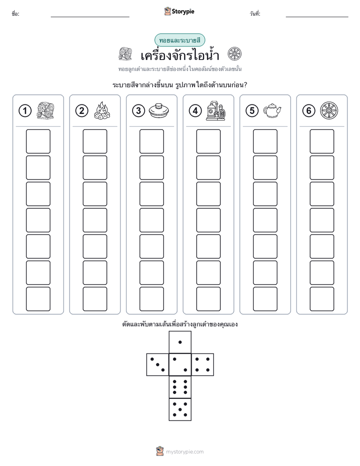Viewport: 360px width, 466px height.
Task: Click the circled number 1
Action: tap(25, 111)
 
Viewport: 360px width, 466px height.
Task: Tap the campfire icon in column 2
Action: tap(102, 111)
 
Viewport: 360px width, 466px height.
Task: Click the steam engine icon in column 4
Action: tap(216, 110)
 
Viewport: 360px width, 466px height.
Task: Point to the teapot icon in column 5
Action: tap(272, 111)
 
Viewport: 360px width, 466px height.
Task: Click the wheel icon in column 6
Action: tap(329, 110)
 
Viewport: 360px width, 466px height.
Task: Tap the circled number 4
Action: tap(195, 111)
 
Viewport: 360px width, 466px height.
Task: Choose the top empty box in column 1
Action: tap(38, 141)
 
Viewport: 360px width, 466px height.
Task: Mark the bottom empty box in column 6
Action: tap(322, 299)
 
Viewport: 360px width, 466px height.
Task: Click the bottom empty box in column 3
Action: tap(151, 299)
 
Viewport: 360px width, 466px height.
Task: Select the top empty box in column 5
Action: tap(265, 141)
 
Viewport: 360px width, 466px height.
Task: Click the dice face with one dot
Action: tap(180, 342)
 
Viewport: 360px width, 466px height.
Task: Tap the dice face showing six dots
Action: tap(180, 387)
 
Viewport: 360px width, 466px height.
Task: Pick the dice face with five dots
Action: tap(180, 409)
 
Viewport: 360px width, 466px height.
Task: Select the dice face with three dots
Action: tap(158, 364)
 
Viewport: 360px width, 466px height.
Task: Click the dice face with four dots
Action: tap(203, 364)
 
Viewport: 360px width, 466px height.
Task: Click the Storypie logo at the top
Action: tap(179, 12)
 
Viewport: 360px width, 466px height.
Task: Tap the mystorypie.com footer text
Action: tap(185, 452)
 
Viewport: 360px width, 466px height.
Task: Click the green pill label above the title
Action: tap(179, 40)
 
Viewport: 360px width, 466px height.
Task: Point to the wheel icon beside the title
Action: tap(234, 54)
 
